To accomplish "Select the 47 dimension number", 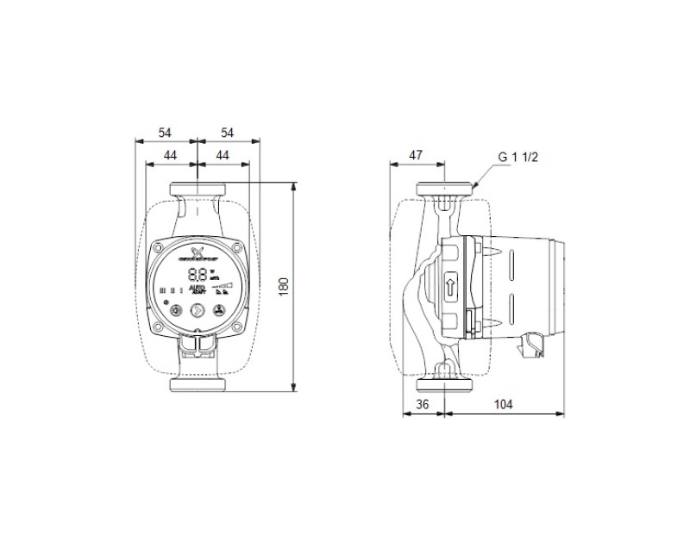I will [x=415, y=155].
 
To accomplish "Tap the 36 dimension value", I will [x=423, y=404].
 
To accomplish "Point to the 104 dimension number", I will [x=504, y=404].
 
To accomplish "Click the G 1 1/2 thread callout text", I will [x=517, y=158].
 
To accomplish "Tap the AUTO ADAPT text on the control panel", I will [x=198, y=290].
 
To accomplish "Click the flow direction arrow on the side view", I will [x=452, y=288].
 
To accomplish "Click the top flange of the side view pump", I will [x=445, y=190].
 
